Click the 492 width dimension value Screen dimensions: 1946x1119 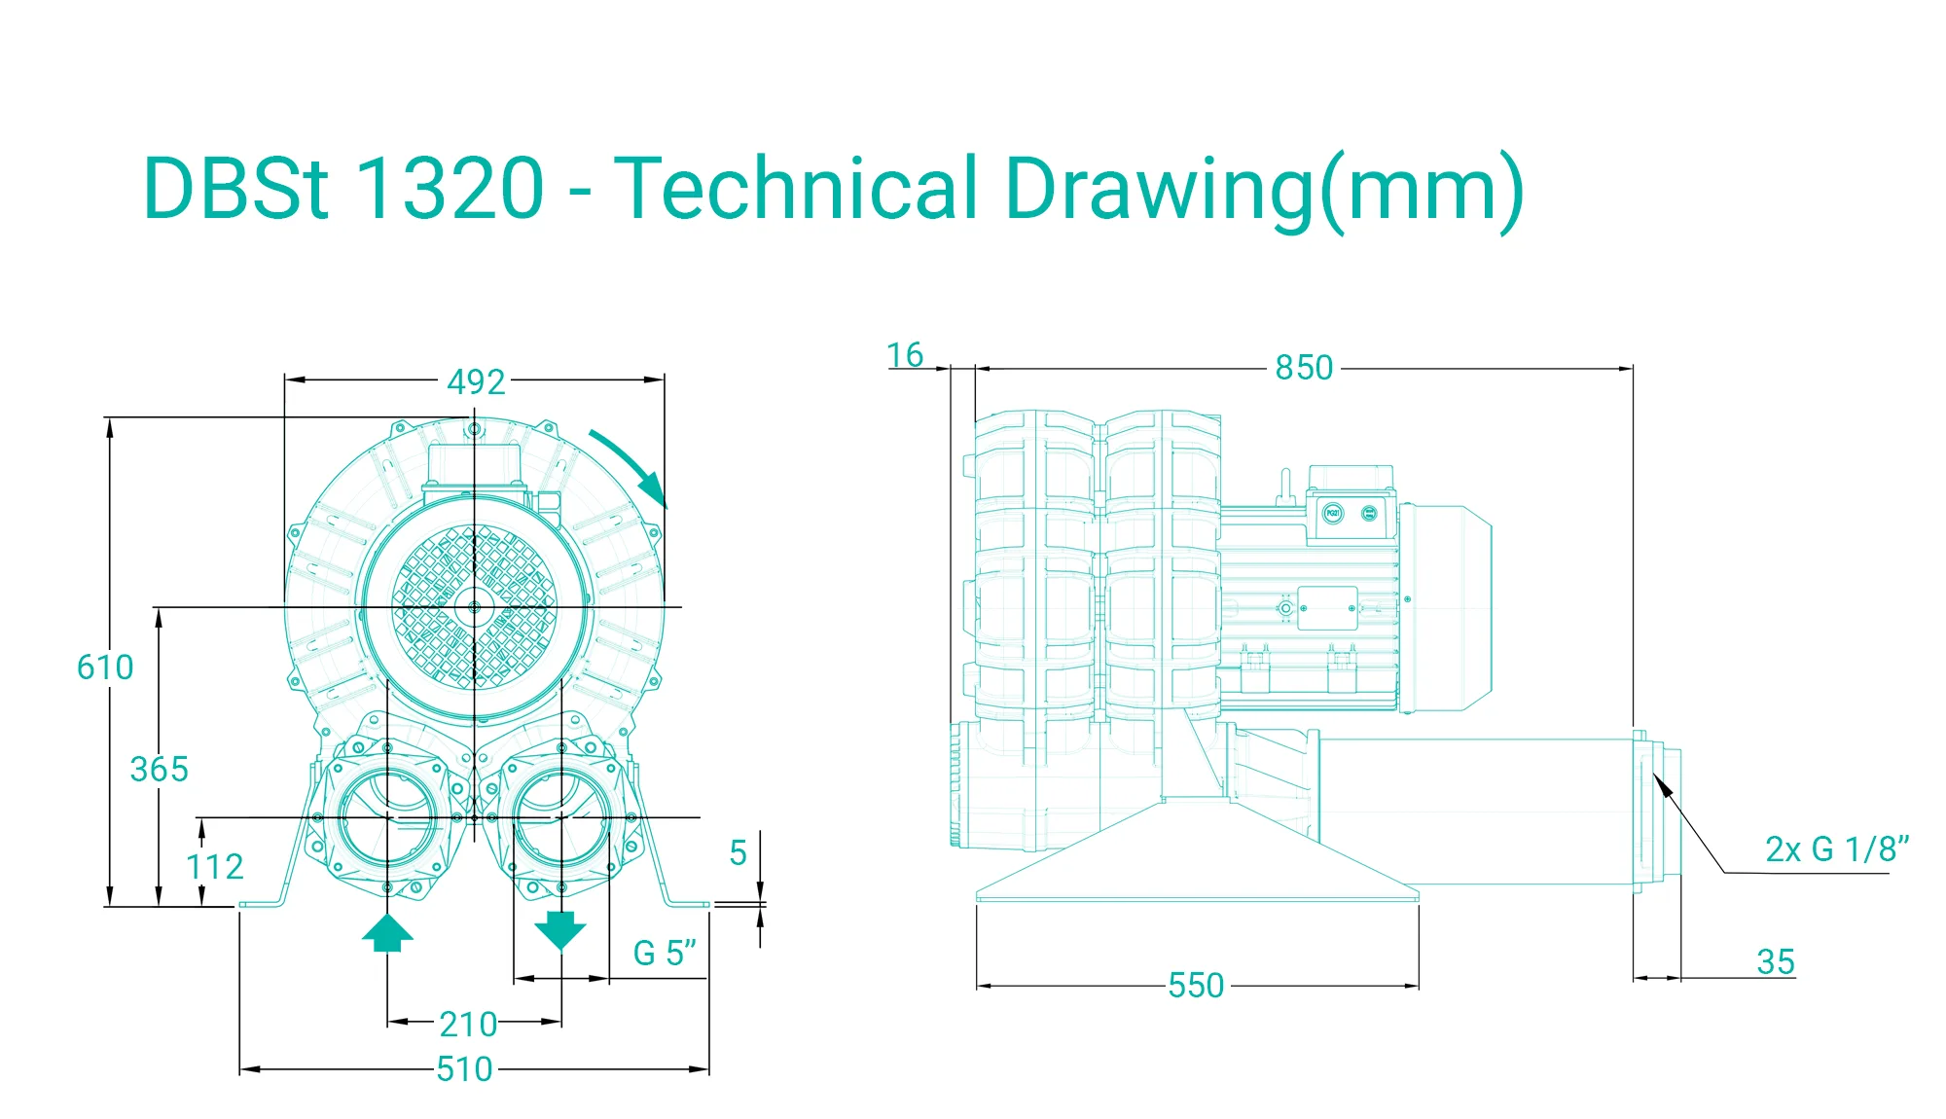(476, 381)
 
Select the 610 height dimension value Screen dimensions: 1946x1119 (105, 668)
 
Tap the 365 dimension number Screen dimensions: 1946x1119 (160, 769)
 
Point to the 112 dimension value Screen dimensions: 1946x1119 (214, 866)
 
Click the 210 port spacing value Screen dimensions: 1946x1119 (468, 1024)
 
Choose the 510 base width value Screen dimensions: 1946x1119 (464, 1069)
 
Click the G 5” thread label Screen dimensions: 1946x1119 (666, 953)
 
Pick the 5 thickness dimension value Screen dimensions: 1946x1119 (739, 853)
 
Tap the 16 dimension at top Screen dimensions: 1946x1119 (905, 355)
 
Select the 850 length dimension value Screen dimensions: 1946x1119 (1304, 368)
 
